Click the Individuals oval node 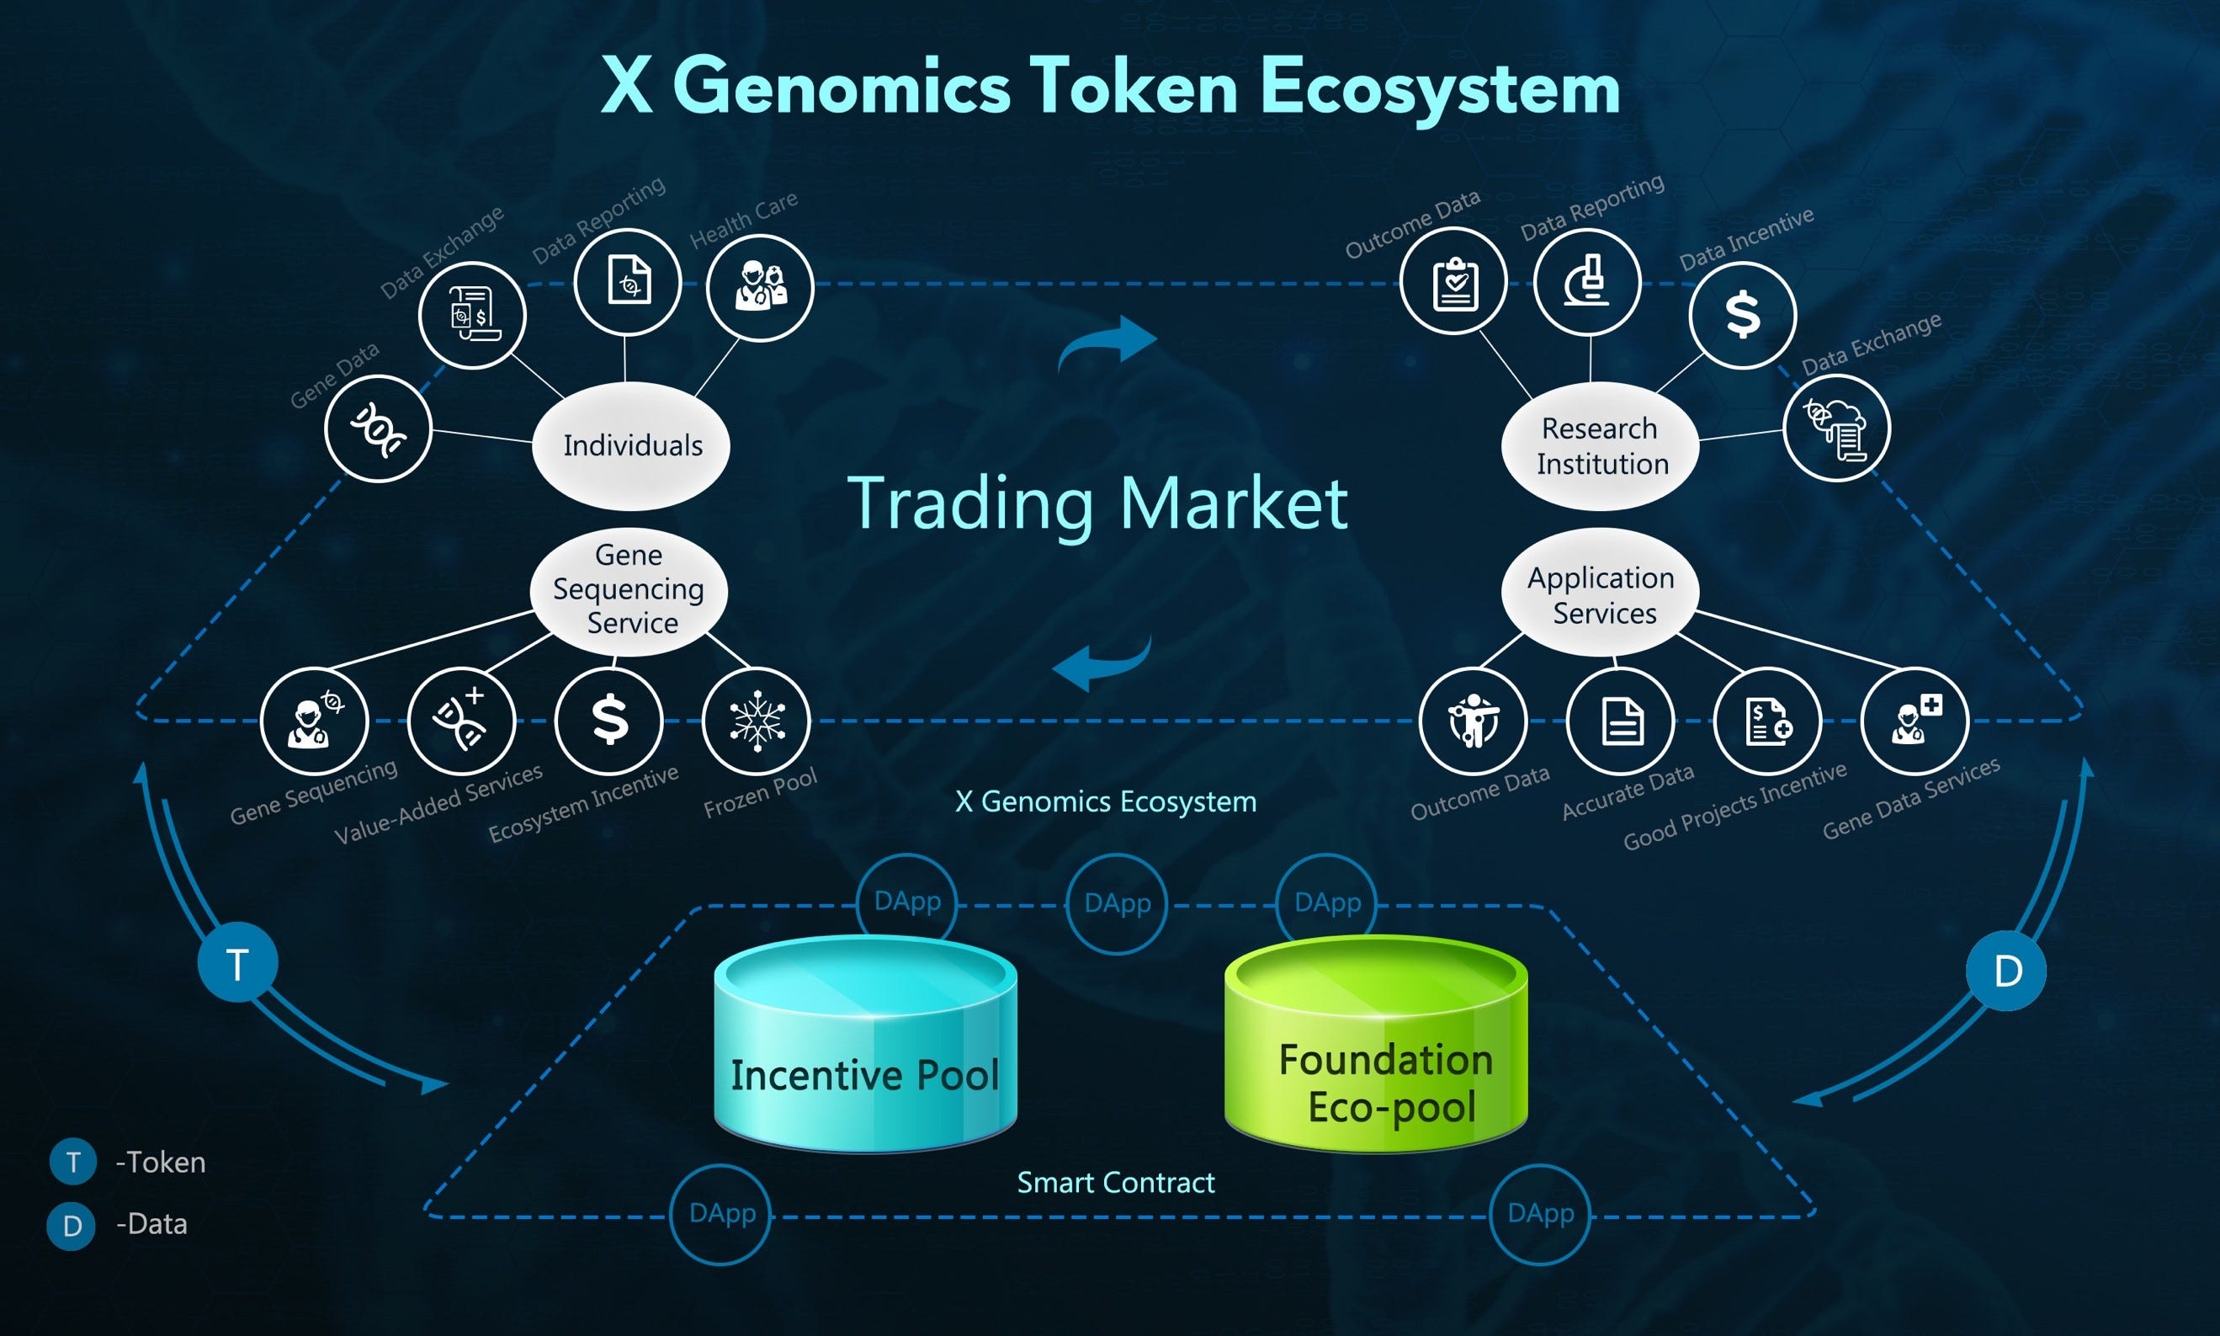631,445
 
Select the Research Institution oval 1600,445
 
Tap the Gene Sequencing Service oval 629,589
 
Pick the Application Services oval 1600,594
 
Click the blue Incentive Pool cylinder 865,1049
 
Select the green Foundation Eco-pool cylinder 1376,1049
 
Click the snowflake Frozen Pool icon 756,721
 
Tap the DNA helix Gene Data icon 378,428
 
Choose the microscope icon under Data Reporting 1586,282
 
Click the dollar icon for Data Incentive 1742,315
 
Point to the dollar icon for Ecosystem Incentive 609,721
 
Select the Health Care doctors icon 760,287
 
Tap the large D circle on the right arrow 2006,971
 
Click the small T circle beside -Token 73,1163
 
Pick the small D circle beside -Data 71,1225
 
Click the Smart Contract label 1115,1182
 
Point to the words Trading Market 1097,503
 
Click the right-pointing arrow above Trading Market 1107,344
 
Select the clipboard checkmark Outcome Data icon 1453,282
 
